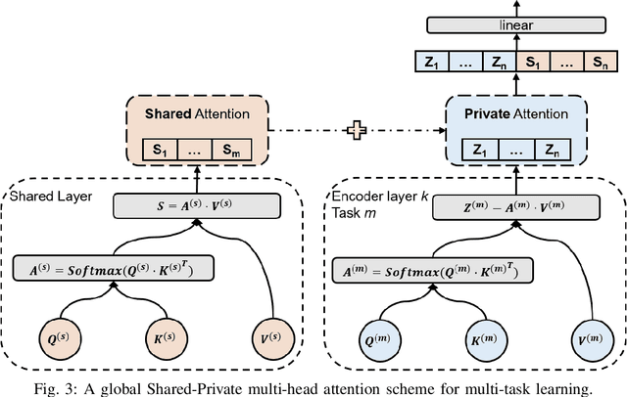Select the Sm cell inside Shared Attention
tap(232, 151)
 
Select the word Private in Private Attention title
tap(481, 113)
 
